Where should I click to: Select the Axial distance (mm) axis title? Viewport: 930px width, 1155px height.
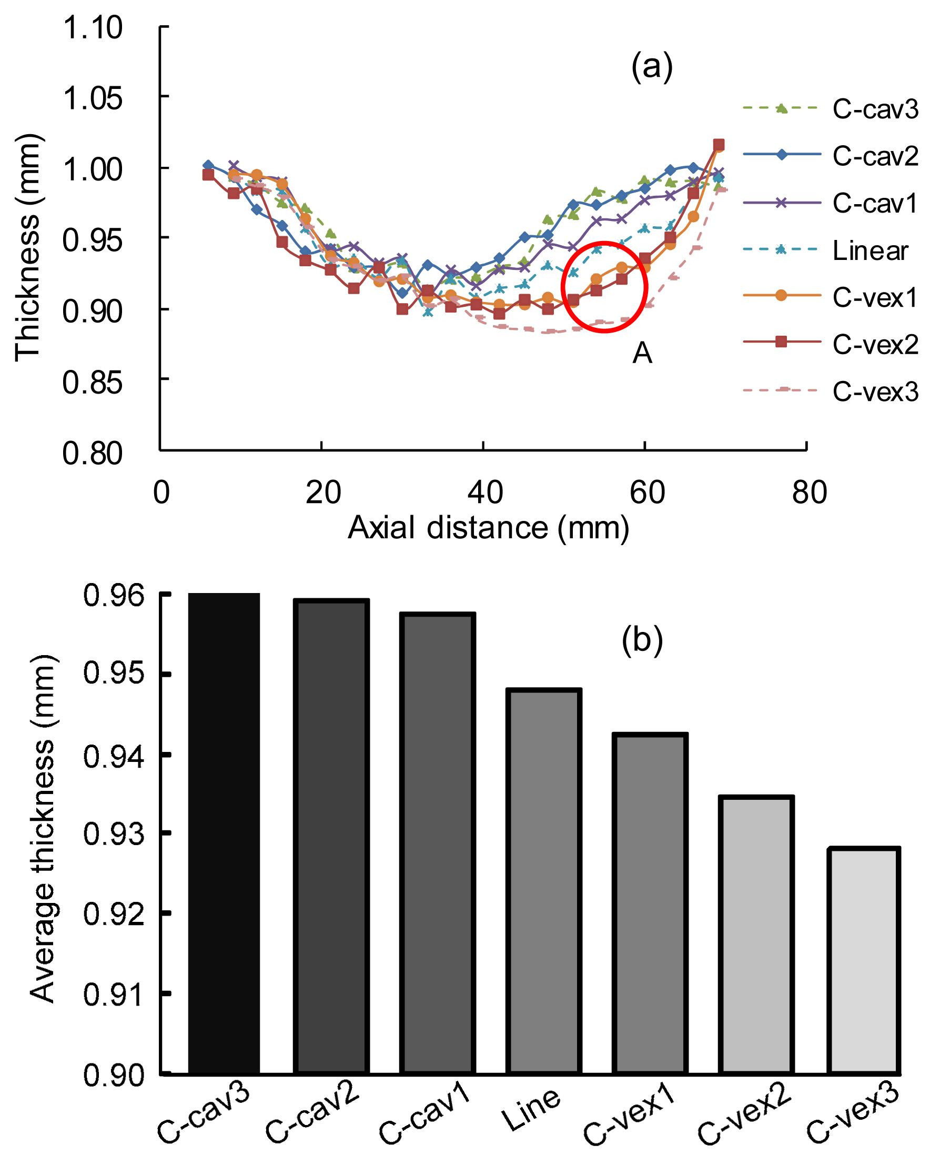click(489, 528)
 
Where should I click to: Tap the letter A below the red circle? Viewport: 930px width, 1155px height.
click(642, 353)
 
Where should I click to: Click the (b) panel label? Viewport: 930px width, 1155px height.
click(642, 640)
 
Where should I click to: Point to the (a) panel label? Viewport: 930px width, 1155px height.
click(651, 68)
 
